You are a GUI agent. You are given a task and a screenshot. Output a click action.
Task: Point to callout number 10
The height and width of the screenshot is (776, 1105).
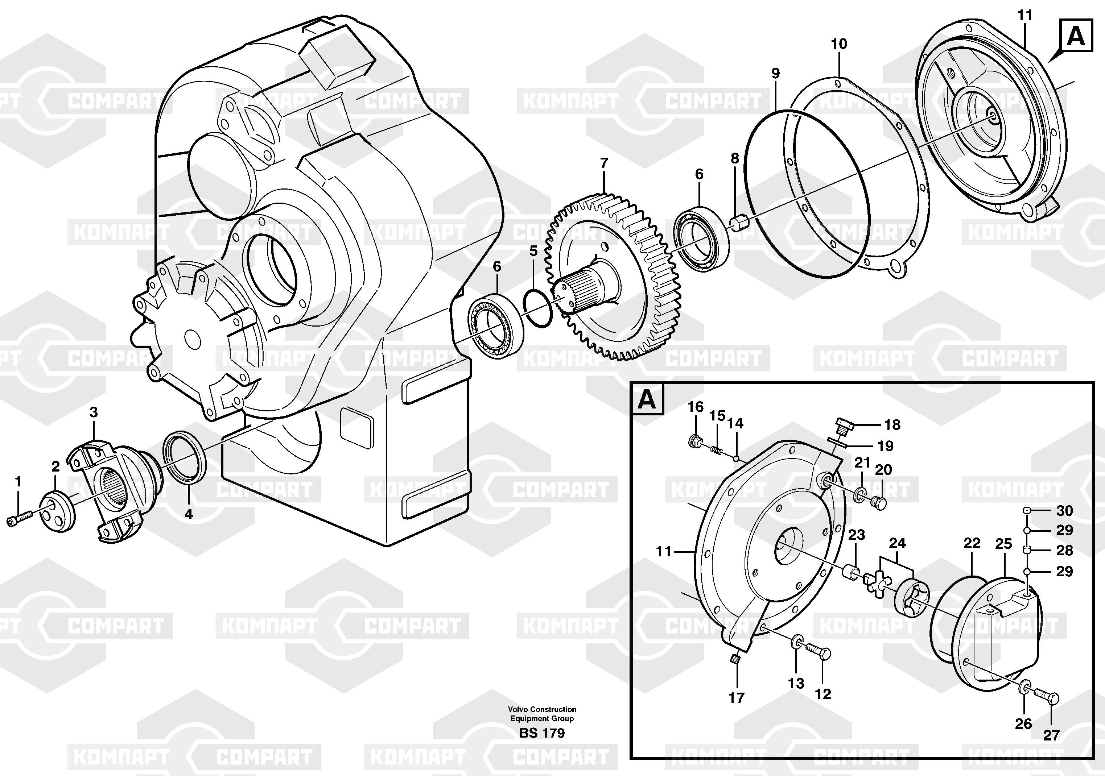coord(839,44)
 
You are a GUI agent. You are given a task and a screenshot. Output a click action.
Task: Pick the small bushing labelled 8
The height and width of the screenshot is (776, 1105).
coord(738,223)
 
